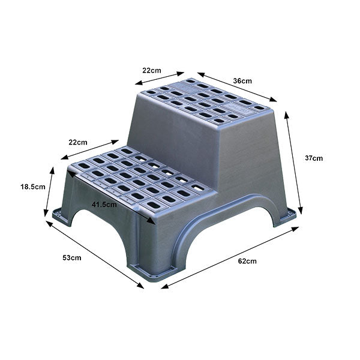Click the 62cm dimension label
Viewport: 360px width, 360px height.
tap(247, 261)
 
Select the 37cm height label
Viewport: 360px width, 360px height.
tap(314, 158)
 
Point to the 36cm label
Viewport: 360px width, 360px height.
tap(242, 80)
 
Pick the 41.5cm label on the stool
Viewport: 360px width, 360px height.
tap(104, 204)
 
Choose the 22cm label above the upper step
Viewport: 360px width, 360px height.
tap(151, 70)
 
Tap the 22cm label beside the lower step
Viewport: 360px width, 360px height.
tap(78, 142)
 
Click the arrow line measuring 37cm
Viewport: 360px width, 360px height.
tap(293, 162)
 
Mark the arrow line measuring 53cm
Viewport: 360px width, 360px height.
tap(95, 254)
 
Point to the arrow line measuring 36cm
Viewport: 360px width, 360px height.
tap(237, 87)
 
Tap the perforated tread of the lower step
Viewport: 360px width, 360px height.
tap(135, 177)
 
